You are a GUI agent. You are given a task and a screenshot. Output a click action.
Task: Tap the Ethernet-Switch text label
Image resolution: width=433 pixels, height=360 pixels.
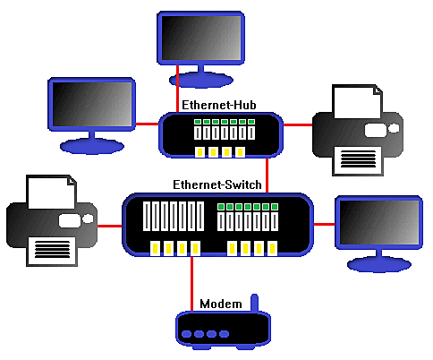tap(217, 185)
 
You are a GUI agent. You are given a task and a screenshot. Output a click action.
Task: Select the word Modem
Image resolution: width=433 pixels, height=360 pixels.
tap(220, 304)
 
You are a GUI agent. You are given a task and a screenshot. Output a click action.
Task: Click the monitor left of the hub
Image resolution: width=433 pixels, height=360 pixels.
tap(90, 105)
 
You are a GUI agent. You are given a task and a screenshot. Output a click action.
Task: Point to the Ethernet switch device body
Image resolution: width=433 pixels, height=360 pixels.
tap(218, 225)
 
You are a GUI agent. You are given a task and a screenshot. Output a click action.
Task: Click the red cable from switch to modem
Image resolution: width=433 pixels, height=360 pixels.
tap(191, 282)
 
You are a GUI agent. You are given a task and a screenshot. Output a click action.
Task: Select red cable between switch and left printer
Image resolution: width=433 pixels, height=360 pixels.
tap(108, 225)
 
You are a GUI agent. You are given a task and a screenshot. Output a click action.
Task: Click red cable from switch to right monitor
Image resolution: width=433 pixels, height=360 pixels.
tap(325, 223)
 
